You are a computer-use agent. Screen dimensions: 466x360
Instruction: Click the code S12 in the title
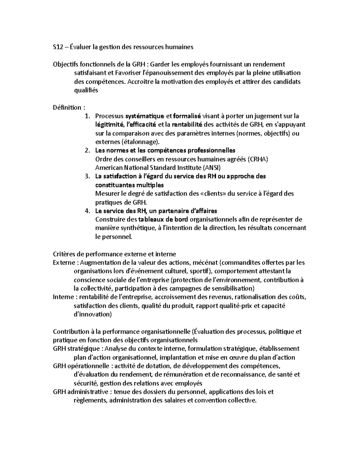coord(58,47)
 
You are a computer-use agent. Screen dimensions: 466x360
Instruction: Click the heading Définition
coord(67,107)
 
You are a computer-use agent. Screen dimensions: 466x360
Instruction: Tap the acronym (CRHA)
coord(258,159)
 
